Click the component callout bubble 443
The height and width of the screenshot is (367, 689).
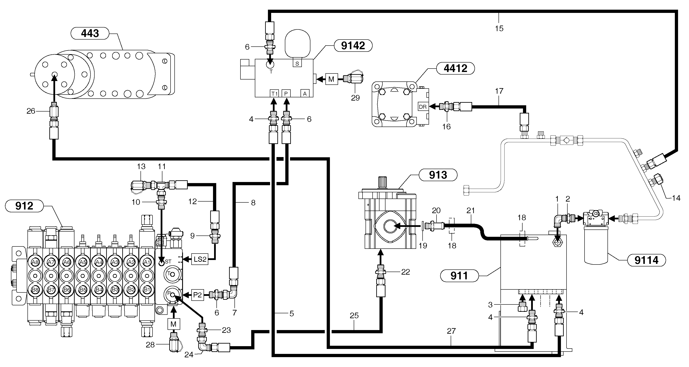coord(90,34)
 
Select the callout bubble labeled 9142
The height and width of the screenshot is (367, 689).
coord(353,46)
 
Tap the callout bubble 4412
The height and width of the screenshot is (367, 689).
coord(455,68)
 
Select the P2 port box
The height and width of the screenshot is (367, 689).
coord(197,295)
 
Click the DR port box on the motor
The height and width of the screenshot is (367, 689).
coord(423,107)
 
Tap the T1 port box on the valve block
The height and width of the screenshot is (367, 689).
coord(274,93)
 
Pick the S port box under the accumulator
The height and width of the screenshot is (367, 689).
coord(297,63)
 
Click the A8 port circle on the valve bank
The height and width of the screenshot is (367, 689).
coord(35,262)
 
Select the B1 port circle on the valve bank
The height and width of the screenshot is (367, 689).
coord(147,290)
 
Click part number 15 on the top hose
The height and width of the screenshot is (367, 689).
coord(499,28)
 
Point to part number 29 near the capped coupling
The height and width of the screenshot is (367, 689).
coord(355,98)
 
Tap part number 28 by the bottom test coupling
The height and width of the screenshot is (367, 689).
coord(150,345)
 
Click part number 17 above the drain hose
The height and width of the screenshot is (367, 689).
coord(499,91)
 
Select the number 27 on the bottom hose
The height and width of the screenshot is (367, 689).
coord(451,331)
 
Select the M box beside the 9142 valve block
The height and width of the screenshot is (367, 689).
coord(331,79)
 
